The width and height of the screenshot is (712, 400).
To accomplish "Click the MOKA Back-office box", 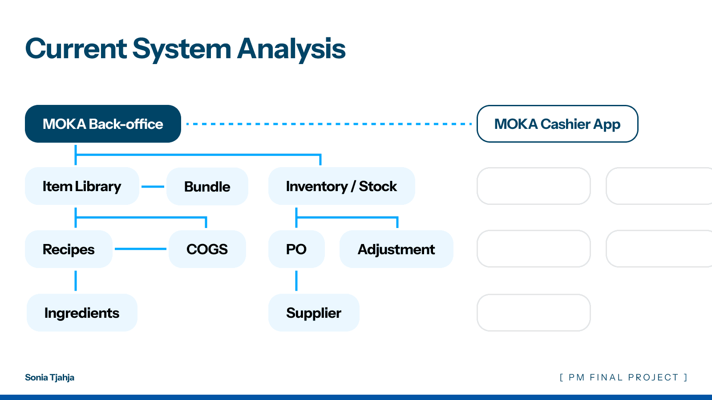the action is (x=103, y=124).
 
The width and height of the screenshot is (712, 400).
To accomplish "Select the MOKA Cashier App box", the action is (x=558, y=124).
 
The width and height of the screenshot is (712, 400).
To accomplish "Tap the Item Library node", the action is (x=82, y=186).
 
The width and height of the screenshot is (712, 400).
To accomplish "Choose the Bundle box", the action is (x=207, y=186).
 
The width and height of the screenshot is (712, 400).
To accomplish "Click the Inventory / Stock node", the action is (x=342, y=186).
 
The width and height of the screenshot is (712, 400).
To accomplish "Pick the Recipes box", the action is (x=69, y=249).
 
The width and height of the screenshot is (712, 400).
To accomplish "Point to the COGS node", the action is (x=207, y=249).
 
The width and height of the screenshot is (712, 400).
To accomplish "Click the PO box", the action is (x=296, y=249).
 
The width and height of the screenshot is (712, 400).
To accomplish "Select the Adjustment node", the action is (x=396, y=249).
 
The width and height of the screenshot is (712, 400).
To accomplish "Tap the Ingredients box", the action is (x=82, y=313).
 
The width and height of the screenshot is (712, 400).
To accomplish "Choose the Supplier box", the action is (x=314, y=313).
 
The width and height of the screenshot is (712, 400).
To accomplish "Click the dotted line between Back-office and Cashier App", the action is (x=329, y=124).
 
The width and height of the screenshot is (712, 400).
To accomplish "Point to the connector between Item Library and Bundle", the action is (x=153, y=187).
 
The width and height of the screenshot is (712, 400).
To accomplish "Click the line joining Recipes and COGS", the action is (x=141, y=249).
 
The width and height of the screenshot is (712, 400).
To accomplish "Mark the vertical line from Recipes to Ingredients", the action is (x=76, y=280).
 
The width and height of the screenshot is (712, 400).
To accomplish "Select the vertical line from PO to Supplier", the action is (x=296, y=280).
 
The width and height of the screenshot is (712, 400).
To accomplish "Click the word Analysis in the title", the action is (x=291, y=49).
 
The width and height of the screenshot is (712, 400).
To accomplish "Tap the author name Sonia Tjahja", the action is (x=49, y=377).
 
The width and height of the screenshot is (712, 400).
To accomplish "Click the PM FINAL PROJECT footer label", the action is (x=623, y=377).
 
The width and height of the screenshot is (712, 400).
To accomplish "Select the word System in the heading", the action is (x=182, y=50).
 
